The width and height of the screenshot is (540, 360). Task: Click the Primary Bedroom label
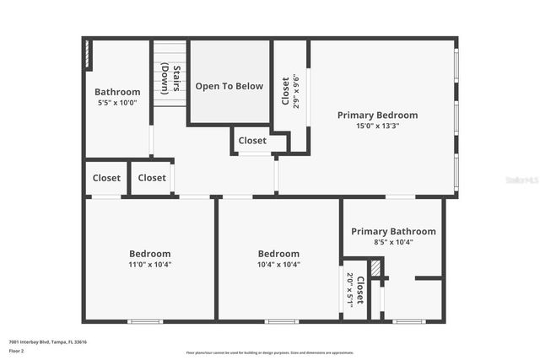[x=377, y=115]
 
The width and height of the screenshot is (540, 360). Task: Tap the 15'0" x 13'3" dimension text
[x=377, y=126]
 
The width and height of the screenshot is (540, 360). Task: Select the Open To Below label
[x=229, y=86]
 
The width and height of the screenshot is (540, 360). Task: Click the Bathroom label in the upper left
[x=117, y=92]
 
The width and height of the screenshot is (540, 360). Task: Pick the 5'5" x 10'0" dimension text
[x=117, y=103]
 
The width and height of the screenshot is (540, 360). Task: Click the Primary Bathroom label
[x=393, y=231]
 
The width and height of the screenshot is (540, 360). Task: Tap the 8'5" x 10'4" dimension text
[x=393, y=242]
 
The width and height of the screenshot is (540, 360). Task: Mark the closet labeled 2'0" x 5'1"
[x=355, y=288]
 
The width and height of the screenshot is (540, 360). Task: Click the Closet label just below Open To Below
[x=252, y=141]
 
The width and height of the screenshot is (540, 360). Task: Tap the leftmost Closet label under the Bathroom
[x=106, y=178]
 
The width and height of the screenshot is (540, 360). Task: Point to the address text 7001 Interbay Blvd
[x=47, y=341]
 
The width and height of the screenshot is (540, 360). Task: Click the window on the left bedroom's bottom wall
[x=144, y=321]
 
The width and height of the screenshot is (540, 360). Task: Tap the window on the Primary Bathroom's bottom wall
[x=408, y=321]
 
